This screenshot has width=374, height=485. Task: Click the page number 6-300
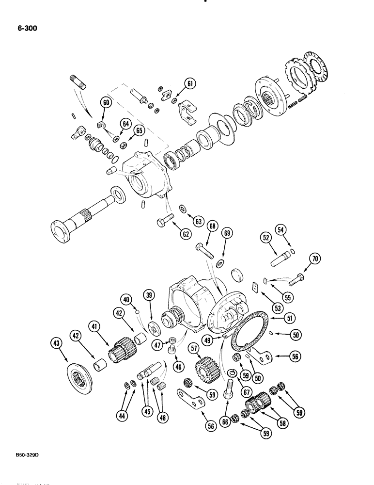point(24,28)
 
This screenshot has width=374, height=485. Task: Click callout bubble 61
point(191,83)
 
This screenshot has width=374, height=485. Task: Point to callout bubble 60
point(106,102)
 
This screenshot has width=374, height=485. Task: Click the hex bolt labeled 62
point(164,222)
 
